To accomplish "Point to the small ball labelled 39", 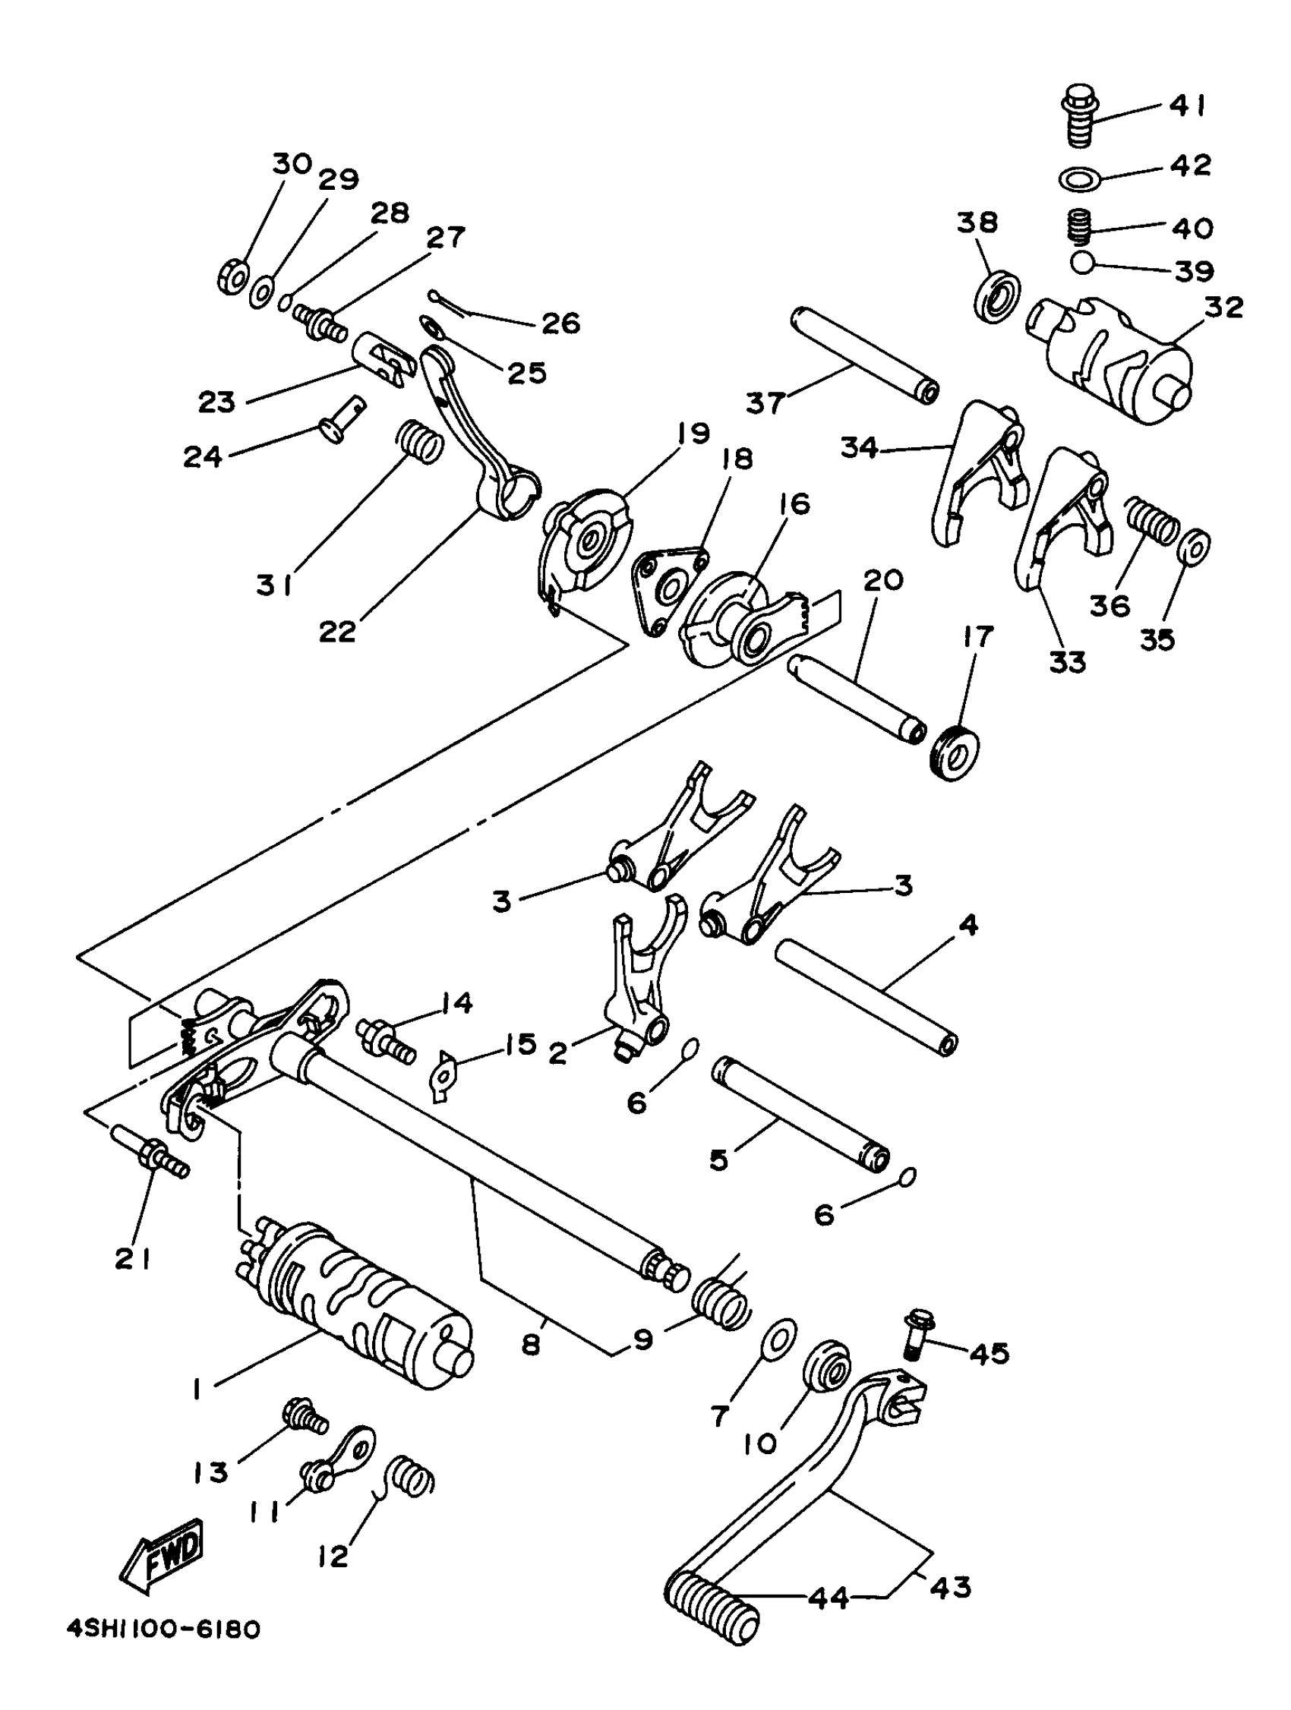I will pos(1082,263).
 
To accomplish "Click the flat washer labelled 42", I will pos(1081,178).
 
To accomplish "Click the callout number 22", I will pos(338,632).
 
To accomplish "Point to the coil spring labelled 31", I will pos(420,441).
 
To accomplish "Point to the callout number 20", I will pos(883,579).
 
